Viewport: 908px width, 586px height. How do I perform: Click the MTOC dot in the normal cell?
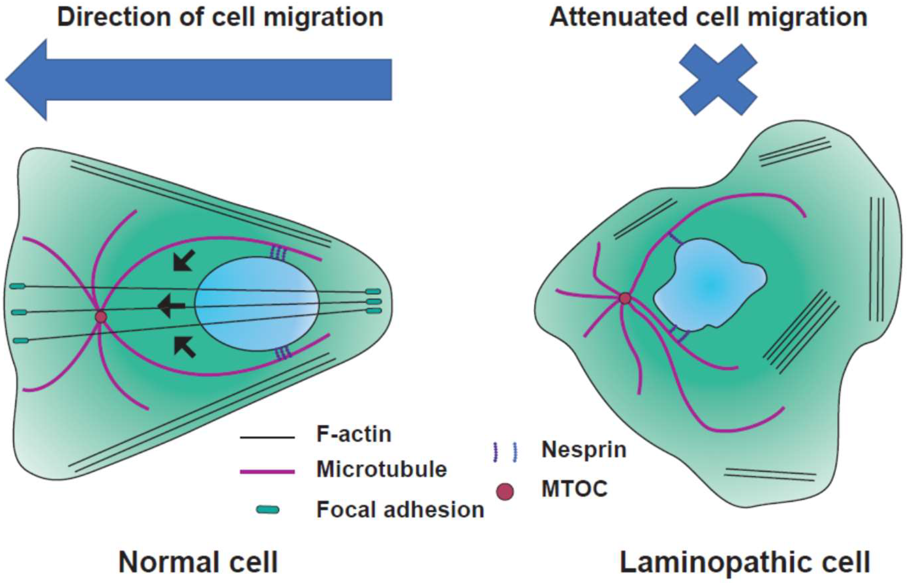click(101, 317)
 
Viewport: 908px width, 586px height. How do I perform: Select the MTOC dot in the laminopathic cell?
click(625, 298)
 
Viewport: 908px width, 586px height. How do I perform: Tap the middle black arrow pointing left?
click(171, 305)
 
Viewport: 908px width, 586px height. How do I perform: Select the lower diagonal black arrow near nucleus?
click(185, 347)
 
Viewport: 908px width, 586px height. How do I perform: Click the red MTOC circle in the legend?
click(505, 492)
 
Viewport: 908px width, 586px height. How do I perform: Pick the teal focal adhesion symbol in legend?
click(268, 510)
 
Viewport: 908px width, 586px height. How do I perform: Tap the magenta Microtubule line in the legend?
click(267, 472)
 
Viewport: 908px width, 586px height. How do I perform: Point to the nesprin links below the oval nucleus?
click(283, 353)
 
